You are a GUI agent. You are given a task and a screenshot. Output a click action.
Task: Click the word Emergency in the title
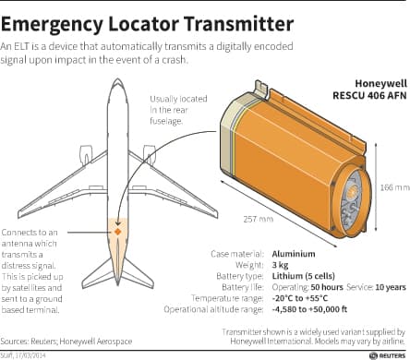pyautogui.click(x=51, y=25)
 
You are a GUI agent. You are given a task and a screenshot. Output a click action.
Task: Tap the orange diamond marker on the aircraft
pyautogui.click(x=117, y=232)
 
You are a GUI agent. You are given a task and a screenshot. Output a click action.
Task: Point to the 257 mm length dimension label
pyautogui.click(x=259, y=219)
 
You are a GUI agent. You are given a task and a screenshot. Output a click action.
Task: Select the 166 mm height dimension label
pyautogui.click(x=395, y=187)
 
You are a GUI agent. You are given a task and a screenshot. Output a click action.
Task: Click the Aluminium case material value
pyautogui.click(x=294, y=254)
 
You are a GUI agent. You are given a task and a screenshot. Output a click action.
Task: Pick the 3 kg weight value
pyautogui.click(x=280, y=265)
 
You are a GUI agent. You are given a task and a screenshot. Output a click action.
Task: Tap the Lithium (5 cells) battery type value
pyautogui.click(x=303, y=276)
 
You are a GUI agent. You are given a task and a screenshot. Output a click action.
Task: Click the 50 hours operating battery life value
pyautogui.click(x=327, y=287)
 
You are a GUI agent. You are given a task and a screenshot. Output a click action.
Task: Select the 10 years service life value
pyautogui.click(x=391, y=287)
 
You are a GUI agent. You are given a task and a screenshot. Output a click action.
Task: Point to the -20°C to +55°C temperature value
pyautogui.click(x=300, y=298)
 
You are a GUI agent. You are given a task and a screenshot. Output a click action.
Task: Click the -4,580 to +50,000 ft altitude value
pyautogui.click(x=309, y=309)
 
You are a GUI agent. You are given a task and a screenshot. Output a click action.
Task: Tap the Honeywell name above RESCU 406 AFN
pyautogui.click(x=381, y=84)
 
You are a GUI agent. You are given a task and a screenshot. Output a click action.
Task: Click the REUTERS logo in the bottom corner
pyautogui.click(x=388, y=355)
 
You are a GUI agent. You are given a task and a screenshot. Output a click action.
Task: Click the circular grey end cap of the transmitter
pyautogui.click(x=351, y=198)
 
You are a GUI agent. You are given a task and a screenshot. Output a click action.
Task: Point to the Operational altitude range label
pyautogui.click(x=213, y=309)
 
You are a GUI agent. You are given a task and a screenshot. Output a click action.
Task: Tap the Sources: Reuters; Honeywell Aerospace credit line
pyautogui.click(x=66, y=342)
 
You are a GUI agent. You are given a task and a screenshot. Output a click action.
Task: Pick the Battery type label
pyautogui.click(x=240, y=276)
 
